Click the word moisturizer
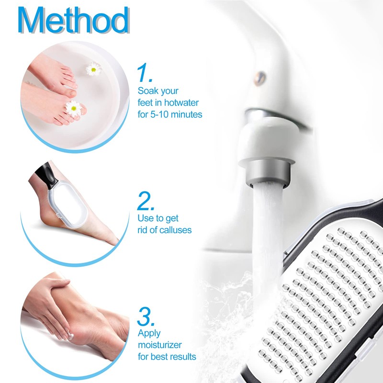159,345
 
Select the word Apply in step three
149,333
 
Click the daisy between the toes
74,108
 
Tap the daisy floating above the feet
94,69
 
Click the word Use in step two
146,218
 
